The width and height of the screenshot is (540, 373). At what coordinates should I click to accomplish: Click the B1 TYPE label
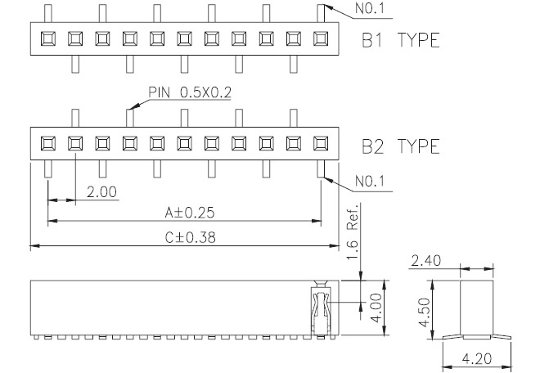401,40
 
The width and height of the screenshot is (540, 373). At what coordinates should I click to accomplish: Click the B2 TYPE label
401,146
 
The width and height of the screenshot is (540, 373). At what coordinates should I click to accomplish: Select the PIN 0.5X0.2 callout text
190,92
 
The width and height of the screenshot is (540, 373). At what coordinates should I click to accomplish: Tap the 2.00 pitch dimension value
101,191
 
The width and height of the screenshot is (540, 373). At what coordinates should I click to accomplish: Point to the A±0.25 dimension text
190,212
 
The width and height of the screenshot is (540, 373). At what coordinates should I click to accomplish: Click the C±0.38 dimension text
190,237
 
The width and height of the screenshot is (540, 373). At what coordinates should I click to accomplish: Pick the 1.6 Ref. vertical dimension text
353,231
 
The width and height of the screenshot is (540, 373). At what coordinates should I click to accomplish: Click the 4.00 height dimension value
376,308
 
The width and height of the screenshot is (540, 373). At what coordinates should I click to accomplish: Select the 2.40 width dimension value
426,261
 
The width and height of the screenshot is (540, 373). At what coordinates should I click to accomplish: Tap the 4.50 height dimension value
425,312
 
